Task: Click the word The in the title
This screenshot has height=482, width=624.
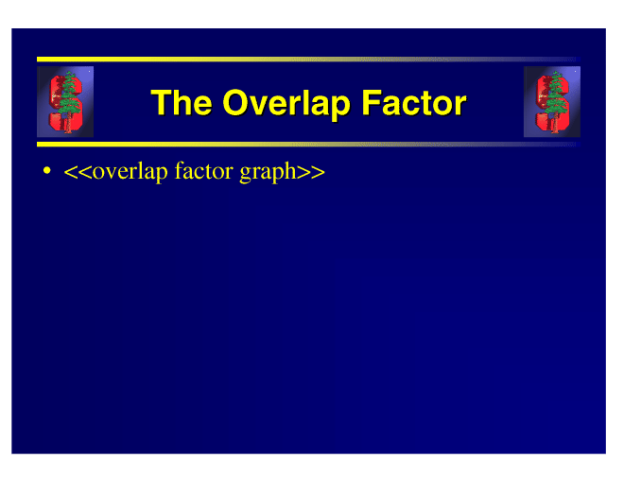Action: (x=182, y=103)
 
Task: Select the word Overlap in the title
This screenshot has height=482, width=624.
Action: (x=286, y=105)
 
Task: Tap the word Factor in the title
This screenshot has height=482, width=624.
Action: (x=414, y=103)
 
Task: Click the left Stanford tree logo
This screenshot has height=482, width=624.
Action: (x=65, y=102)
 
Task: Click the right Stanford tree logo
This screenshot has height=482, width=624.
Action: (x=552, y=102)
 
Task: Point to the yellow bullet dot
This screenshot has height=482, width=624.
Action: (x=47, y=171)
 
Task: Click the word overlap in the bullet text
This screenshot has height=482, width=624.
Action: (x=130, y=172)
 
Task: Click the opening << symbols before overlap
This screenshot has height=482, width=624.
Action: (x=78, y=172)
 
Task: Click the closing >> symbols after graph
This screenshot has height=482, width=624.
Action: (x=311, y=172)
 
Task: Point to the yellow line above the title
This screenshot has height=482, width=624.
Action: (x=308, y=60)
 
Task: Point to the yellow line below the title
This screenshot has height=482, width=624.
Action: (x=308, y=144)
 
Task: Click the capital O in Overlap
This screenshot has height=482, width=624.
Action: (x=236, y=103)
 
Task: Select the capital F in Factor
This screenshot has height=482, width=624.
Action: (x=371, y=103)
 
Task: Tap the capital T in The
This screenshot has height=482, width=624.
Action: (x=161, y=103)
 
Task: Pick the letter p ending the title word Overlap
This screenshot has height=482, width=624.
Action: (x=339, y=108)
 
